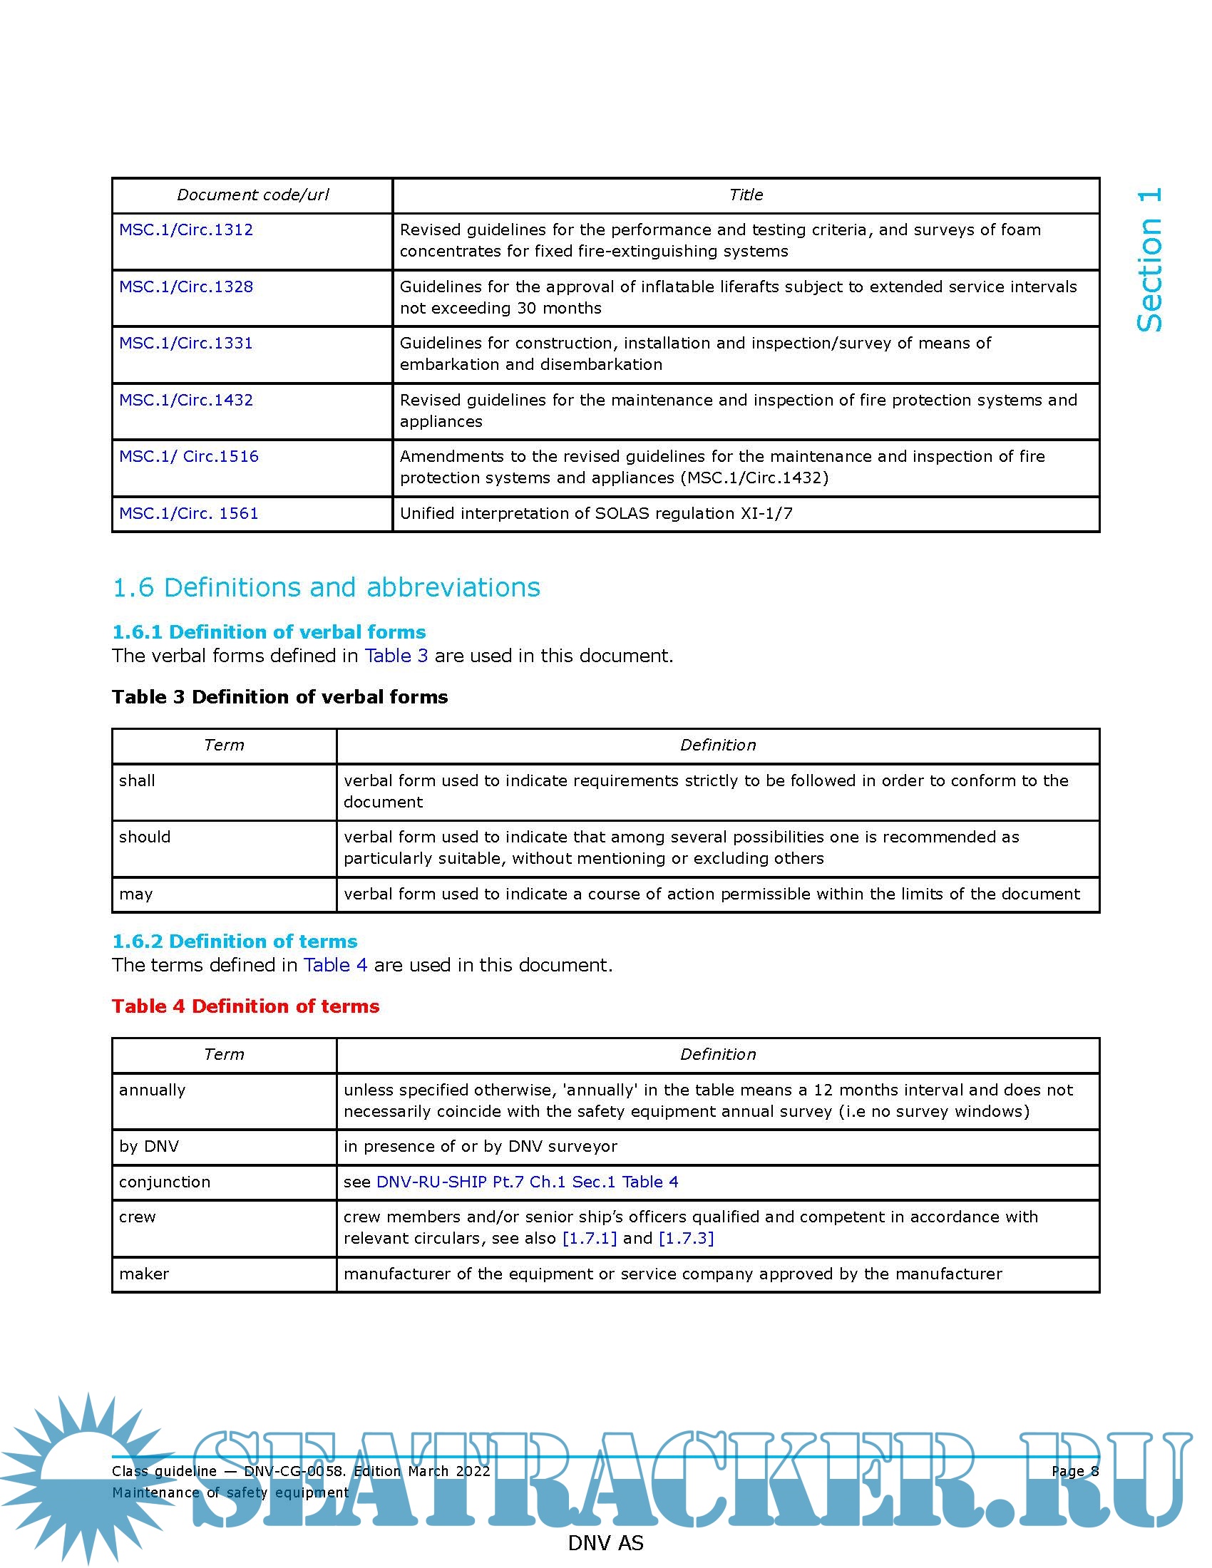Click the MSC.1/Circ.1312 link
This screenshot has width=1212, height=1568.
pyautogui.click(x=186, y=229)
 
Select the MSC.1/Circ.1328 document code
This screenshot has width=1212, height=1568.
pyautogui.click(x=186, y=287)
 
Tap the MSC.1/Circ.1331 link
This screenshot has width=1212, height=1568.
pyautogui.click(x=186, y=344)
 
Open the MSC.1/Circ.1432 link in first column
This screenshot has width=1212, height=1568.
pyautogui.click(x=186, y=400)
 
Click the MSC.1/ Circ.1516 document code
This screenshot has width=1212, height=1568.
pyautogui.click(x=189, y=457)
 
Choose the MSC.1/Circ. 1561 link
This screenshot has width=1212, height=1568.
pyautogui.click(x=189, y=513)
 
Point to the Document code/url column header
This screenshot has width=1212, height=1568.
pyautogui.click(x=253, y=195)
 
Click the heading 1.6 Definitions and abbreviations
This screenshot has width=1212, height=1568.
pyautogui.click(x=326, y=587)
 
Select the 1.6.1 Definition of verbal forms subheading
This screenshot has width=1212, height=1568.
pyautogui.click(x=269, y=631)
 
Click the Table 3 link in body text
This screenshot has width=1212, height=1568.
pyautogui.click(x=396, y=656)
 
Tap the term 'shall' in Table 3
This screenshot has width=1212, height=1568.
pyautogui.click(x=137, y=780)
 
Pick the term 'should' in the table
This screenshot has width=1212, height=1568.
pyautogui.click(x=145, y=837)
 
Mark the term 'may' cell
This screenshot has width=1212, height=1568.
pyautogui.click(x=136, y=894)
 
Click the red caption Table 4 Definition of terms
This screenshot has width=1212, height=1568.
pyautogui.click(x=245, y=1006)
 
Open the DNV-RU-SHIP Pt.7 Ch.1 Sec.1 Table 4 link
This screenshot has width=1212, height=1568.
pyautogui.click(x=527, y=1182)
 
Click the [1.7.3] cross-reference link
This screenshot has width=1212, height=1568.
pyautogui.click(x=686, y=1239)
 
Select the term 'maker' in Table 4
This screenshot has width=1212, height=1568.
pyautogui.click(x=144, y=1274)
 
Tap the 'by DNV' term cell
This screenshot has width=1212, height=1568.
pyautogui.click(x=149, y=1147)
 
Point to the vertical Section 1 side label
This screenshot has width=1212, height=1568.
pyautogui.click(x=1149, y=260)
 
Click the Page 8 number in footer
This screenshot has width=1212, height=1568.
pyautogui.click(x=1075, y=1471)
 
